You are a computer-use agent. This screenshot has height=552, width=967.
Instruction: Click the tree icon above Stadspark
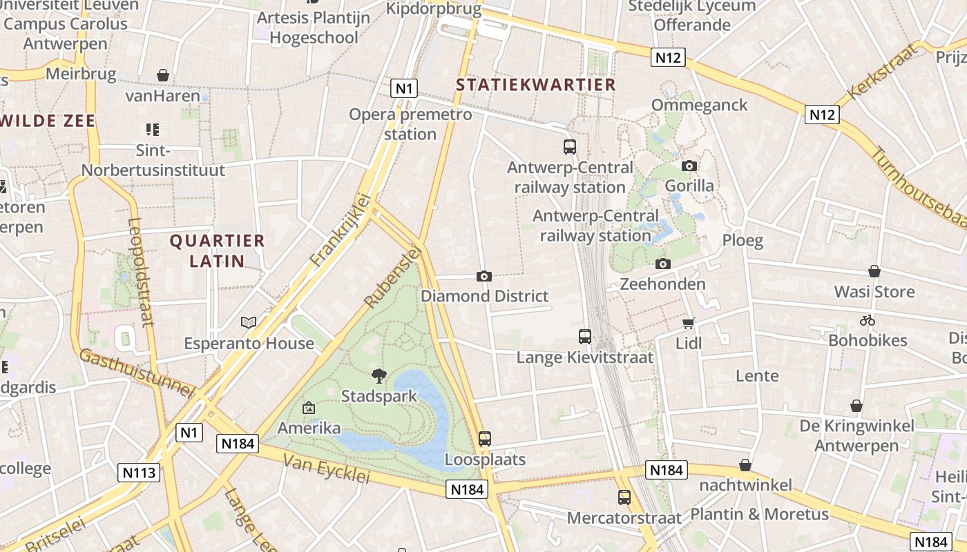click(x=379, y=375)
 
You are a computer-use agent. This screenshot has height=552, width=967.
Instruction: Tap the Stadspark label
click(x=379, y=396)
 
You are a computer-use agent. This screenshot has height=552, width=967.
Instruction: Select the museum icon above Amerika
click(x=308, y=408)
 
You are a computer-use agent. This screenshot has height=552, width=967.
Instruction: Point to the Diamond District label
click(x=485, y=296)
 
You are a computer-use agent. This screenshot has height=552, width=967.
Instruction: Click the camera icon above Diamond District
click(x=484, y=276)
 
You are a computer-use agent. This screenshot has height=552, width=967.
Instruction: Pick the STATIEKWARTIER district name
click(x=536, y=85)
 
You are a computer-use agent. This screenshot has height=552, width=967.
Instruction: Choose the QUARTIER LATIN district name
click(x=218, y=250)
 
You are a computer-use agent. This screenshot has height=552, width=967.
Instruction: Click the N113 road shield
click(x=140, y=473)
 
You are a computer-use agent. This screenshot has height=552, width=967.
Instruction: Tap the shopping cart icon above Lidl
click(x=688, y=323)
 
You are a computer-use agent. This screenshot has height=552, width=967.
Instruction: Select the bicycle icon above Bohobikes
click(x=868, y=320)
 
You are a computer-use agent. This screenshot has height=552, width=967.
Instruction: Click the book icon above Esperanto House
click(x=249, y=322)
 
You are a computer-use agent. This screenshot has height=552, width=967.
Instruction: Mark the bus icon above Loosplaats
click(x=485, y=438)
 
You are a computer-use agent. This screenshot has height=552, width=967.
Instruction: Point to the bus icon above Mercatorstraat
click(x=624, y=497)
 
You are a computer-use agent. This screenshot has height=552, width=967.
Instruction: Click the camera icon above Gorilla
click(x=689, y=166)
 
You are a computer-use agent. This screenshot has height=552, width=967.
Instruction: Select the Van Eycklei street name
click(x=327, y=470)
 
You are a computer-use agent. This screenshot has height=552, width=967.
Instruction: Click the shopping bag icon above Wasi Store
click(x=874, y=271)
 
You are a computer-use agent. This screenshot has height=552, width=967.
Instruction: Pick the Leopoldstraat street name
click(x=140, y=272)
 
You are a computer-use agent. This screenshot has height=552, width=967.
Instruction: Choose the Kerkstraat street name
click(x=883, y=70)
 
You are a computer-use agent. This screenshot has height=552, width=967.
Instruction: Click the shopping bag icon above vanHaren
click(x=163, y=75)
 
